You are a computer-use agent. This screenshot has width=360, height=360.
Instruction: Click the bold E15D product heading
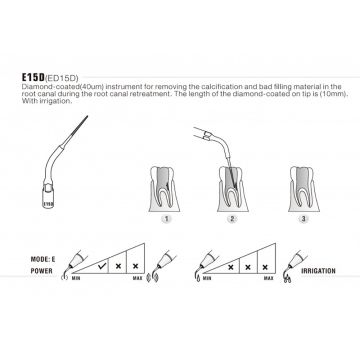click(x=33, y=77)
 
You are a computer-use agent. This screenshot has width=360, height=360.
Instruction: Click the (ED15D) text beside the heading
click(x=61, y=78)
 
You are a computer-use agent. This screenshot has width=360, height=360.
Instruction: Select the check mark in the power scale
click(x=103, y=266)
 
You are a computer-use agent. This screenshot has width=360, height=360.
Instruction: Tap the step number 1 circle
click(x=166, y=219)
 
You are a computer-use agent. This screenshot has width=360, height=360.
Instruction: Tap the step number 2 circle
click(x=232, y=219)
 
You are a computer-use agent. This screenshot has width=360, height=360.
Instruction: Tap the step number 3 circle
click(x=303, y=219)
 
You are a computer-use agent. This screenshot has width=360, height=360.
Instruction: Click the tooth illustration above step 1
click(x=164, y=189)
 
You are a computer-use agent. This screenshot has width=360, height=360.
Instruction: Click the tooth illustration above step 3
click(x=304, y=189)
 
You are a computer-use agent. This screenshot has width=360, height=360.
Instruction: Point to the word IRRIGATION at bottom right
click(x=318, y=271)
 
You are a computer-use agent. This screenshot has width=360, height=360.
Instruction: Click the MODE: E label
click(x=42, y=259)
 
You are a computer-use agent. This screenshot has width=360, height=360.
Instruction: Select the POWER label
click(x=42, y=271)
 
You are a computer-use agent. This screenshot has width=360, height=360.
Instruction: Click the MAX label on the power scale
click(x=138, y=278)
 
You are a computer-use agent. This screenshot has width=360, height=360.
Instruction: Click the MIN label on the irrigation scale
click(x=207, y=278)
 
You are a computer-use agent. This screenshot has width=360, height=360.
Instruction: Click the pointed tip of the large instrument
click(x=88, y=116)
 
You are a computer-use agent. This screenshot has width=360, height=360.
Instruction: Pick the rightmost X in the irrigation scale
click(x=265, y=267)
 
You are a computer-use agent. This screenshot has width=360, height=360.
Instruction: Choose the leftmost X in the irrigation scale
click(x=230, y=267)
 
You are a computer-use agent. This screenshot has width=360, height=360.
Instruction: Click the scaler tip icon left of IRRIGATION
click(x=293, y=267)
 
